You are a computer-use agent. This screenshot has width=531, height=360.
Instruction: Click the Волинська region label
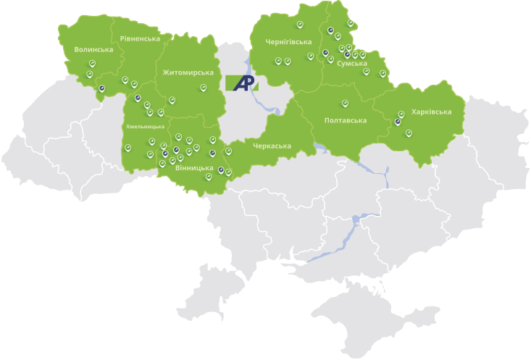pos(93,49)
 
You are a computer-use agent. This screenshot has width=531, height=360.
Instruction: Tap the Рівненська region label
pos(140,38)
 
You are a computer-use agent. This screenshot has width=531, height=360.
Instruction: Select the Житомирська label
pos(188,72)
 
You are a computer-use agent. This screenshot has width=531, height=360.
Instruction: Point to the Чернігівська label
pos(288,41)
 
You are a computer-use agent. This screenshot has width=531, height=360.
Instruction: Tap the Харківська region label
pos(431,112)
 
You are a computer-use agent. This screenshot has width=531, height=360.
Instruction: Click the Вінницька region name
pos(193,168)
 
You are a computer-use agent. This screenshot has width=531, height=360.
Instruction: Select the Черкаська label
pos(272,146)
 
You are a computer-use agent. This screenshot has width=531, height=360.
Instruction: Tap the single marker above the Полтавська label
pos(345,102)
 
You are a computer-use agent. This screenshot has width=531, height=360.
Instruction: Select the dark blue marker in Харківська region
pos(398,122)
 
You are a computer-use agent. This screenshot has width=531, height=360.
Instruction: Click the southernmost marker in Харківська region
pos(409,132)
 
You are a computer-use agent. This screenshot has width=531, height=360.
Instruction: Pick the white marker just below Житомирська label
pos(203,88)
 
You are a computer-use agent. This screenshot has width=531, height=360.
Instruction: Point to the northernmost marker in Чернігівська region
pos(300,24)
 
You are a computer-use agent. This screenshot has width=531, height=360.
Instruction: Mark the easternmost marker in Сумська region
pos(382,72)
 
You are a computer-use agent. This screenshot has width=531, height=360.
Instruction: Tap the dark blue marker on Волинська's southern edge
pos(102,89)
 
